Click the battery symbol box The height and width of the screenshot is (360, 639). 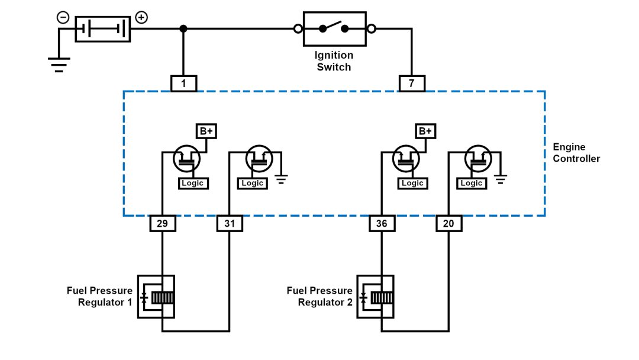click(102, 28)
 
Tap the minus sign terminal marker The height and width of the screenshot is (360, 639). click(63, 17)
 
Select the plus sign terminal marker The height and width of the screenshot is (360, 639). click(141, 17)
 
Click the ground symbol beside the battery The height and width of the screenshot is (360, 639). click(59, 64)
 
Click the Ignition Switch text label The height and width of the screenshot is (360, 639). click(334, 61)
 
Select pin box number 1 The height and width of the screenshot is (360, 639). click(183, 83)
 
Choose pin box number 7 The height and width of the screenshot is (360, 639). click(412, 83)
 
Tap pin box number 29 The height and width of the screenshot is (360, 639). click(162, 223)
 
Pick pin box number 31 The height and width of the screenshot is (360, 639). click(230, 223)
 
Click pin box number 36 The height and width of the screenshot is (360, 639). click(382, 223)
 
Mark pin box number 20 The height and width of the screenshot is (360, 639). click(448, 223)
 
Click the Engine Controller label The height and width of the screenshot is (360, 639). click(576, 153)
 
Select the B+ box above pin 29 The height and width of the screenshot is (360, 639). click(205, 131)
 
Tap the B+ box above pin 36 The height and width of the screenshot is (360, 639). click(425, 131)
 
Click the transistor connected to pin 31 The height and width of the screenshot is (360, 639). click(259, 158)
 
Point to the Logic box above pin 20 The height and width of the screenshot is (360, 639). click(472, 184)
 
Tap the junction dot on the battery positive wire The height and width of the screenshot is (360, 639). click(183, 28)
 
